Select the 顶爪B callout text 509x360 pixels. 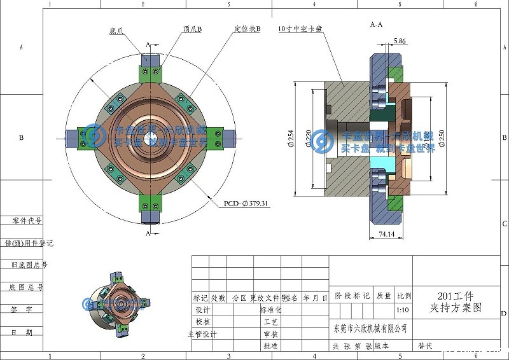click(192, 29)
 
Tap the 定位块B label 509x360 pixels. click(248, 29)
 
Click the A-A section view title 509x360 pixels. click(376, 24)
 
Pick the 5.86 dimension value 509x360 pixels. click(400, 41)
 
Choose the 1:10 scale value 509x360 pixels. click(403, 310)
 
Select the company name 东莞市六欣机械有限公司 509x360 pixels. click(370, 328)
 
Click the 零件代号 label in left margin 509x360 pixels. click(27, 221)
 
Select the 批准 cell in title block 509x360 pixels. click(270, 346)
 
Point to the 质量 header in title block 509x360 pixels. click(384, 296)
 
